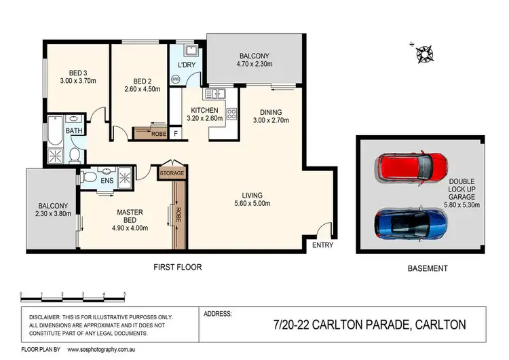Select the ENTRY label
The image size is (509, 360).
click(x=323, y=246)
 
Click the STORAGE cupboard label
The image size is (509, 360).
click(x=171, y=174)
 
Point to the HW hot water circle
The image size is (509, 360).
click(x=176, y=79)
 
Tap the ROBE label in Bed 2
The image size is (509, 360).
click(x=158, y=134)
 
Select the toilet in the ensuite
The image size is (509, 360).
click(x=89, y=177)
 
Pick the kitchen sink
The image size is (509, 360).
click(x=216, y=94)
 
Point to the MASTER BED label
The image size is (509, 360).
click(x=129, y=216)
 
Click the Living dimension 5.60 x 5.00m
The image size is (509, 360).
click(x=246, y=204)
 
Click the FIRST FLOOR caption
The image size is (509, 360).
click(x=178, y=267)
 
